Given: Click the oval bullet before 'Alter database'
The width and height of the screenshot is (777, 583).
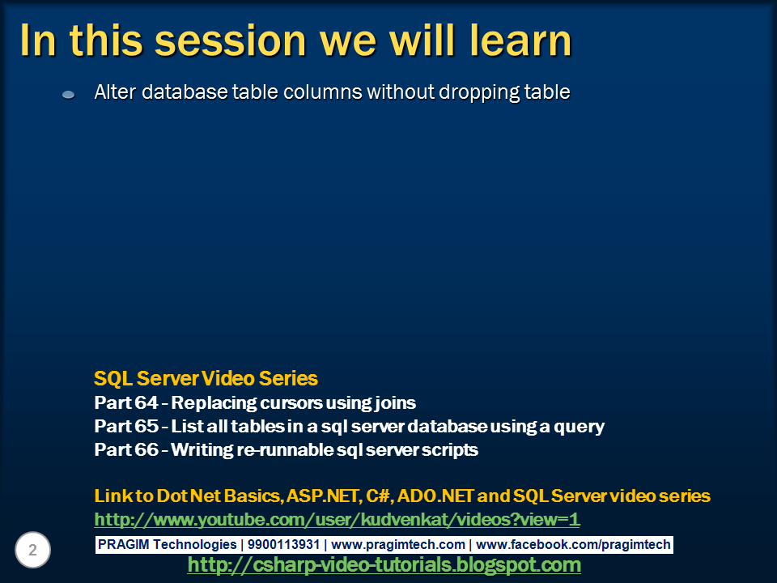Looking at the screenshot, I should (x=68, y=95).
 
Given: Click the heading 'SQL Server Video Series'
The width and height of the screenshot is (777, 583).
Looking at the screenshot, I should (x=206, y=378).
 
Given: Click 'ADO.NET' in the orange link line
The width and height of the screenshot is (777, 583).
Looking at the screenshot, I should (x=438, y=496).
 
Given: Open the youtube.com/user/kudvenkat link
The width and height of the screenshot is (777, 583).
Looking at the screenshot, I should (x=337, y=519).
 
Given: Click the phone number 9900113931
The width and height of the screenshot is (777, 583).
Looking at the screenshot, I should (x=283, y=545).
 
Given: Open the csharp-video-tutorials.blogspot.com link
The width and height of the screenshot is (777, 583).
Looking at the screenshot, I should (x=384, y=565).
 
